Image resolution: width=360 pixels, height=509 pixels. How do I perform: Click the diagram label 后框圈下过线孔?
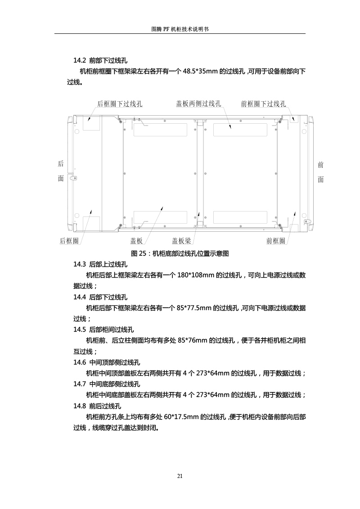point(120,104)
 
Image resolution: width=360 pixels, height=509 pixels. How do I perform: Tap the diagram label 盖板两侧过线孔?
point(198,104)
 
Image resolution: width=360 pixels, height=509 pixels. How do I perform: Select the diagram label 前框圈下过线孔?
point(263,104)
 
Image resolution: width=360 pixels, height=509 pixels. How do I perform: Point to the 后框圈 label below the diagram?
point(69,241)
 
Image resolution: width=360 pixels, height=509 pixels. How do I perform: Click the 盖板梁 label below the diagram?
point(181,241)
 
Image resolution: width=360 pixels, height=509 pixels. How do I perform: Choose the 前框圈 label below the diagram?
point(275,241)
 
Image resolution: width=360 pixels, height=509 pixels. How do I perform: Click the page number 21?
point(180,476)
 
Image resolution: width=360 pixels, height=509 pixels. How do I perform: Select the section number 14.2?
point(80,60)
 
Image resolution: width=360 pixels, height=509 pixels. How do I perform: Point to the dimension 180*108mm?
point(195,275)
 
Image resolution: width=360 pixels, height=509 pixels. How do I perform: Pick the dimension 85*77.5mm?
point(194,308)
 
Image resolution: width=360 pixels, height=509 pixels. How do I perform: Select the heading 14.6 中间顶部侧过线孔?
point(107,362)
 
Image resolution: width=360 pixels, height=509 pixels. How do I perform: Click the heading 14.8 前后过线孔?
point(97,406)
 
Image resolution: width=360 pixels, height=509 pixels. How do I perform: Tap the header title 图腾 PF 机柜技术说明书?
point(180,29)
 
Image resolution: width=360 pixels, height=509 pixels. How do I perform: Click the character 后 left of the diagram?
point(61,164)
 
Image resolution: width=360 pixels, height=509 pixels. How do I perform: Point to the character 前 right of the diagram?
point(321,165)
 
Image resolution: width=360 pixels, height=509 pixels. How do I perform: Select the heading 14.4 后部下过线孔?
point(100,297)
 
